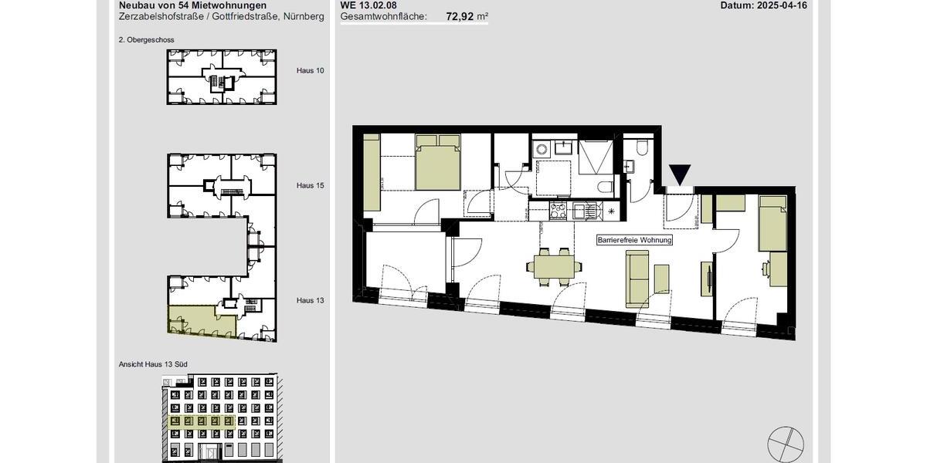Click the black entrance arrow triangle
click(680, 175)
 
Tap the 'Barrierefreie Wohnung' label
click(635, 240)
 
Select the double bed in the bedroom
click(438, 163)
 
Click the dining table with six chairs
click(555, 267)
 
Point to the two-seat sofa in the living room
click(638, 276)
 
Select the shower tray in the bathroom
click(596, 157)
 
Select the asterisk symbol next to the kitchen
click(612, 211)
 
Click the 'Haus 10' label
click(310, 70)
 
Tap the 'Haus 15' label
click(310, 185)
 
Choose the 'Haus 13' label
click(310, 300)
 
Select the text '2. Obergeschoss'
click(146, 39)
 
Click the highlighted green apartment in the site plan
click(191, 319)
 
